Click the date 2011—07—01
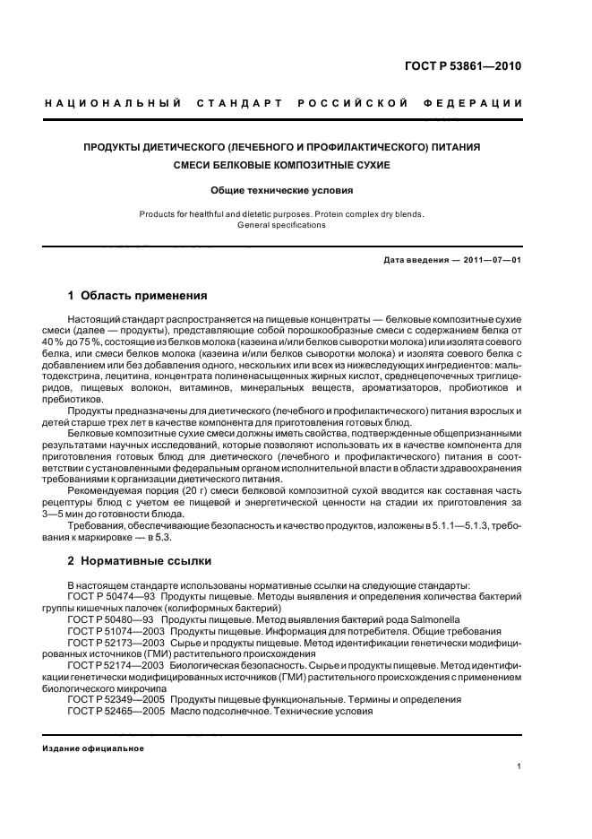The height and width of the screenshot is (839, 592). pos(491,260)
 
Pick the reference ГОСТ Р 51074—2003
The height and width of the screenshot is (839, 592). pos(117,631)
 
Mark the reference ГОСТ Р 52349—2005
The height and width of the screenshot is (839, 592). pos(117,699)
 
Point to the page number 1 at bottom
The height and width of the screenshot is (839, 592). pos(519,766)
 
